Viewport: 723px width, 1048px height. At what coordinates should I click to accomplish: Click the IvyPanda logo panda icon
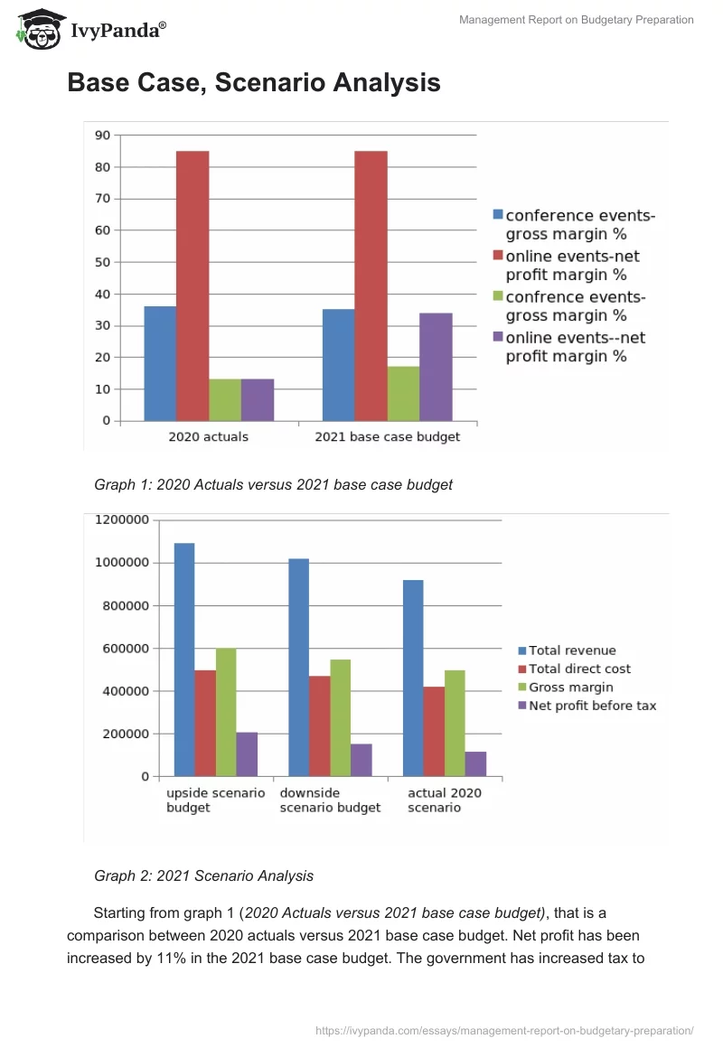[36, 27]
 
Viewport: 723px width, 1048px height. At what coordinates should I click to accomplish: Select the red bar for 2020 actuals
[192, 285]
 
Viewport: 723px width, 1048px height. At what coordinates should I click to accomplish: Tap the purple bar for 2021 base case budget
[436, 367]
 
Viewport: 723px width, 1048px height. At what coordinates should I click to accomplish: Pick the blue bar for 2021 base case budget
[338, 365]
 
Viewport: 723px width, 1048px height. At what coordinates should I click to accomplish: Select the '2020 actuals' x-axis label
[208, 437]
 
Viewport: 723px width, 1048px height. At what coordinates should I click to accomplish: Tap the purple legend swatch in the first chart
[497, 337]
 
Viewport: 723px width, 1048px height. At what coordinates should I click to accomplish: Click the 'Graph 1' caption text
[273, 485]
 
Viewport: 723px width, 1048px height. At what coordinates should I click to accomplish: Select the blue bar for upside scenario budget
[184, 660]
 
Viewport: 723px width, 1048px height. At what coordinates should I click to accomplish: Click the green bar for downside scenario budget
[340, 718]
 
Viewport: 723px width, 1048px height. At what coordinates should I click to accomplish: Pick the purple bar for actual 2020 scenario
[475, 763]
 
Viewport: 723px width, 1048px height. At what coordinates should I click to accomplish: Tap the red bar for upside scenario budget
[205, 723]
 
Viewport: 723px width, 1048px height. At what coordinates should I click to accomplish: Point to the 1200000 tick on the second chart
[120, 520]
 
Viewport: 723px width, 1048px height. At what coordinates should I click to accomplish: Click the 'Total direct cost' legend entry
[579, 669]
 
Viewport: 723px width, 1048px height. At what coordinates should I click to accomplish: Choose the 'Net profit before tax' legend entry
[592, 706]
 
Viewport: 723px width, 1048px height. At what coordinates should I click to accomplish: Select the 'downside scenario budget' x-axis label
[330, 800]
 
